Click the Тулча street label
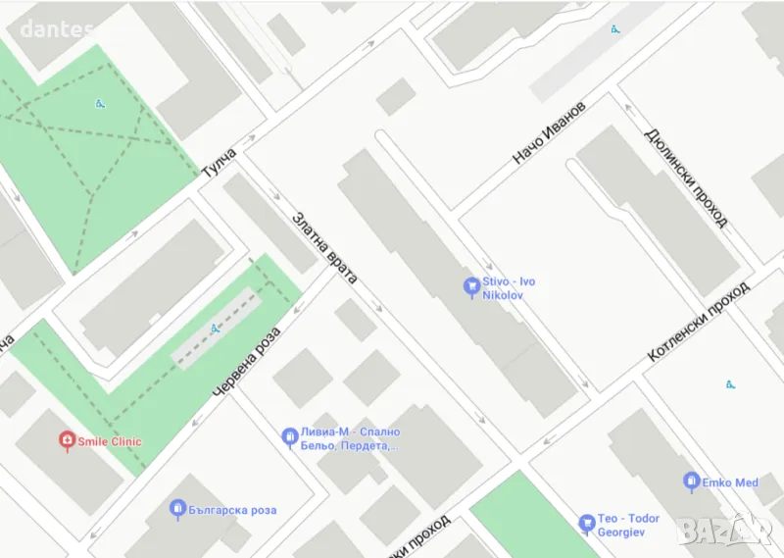coord(219,163)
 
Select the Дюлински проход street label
coord(685,178)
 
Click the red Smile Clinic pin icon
coord(67,441)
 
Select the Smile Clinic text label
coord(110,441)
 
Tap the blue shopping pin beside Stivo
coord(471,287)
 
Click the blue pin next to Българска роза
coord(177,509)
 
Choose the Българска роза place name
coord(234,510)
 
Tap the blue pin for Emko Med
coord(691,482)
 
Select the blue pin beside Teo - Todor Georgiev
coord(586,524)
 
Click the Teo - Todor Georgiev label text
coord(630,525)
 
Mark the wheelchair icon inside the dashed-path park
coord(100,103)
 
